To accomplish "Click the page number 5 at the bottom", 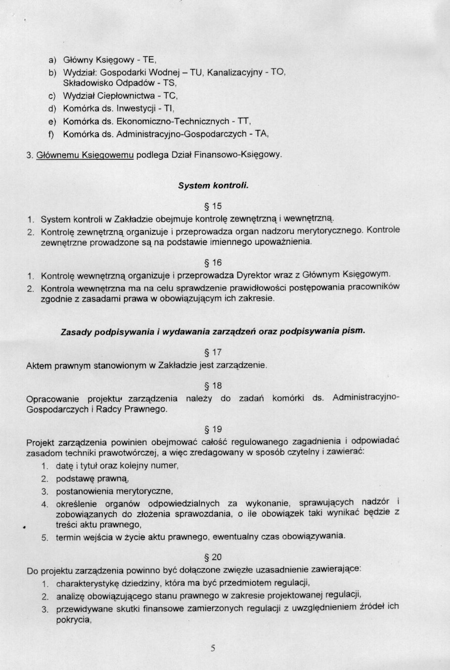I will [213, 648].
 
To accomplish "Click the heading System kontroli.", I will [213, 186].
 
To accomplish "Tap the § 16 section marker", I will [213, 262].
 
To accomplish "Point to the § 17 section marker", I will [213, 352].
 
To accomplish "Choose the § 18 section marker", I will [213, 385].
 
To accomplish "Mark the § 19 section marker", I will [213, 429].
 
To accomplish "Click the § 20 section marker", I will [213, 557].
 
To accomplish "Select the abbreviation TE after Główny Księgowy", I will [149, 60].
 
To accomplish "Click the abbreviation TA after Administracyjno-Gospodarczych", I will [262, 133].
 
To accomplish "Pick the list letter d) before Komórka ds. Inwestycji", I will [52, 108].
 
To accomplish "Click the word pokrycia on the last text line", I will [73, 620].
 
